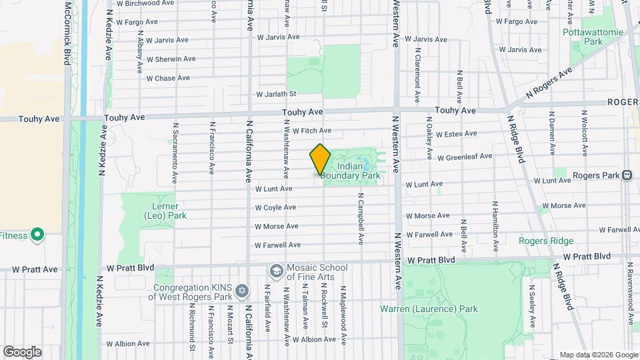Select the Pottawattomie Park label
583,37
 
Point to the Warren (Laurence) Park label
429,309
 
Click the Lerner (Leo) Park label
165,211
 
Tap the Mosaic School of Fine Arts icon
275,271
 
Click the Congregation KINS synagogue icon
241,291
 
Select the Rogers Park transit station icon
627,175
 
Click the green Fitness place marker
37,235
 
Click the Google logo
22,351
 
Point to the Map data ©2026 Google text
598,355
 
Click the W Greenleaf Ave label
465,157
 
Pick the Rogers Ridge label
547,241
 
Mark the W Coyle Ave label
275,207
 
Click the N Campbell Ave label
360,219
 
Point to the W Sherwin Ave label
171,59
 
